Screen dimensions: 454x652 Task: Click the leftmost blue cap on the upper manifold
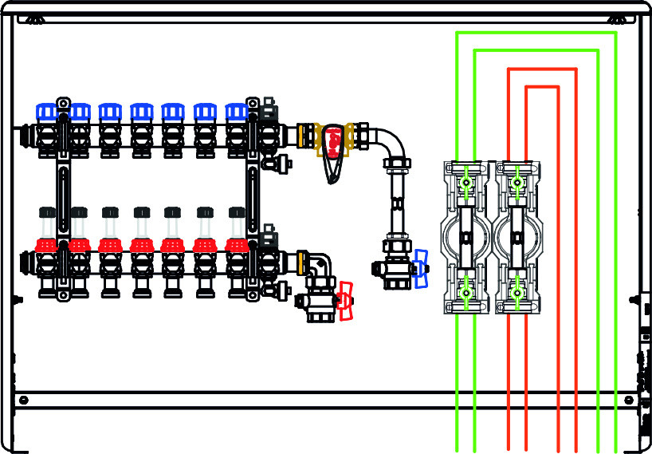[x=47, y=111]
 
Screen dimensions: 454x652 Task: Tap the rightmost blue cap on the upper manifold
[x=237, y=111]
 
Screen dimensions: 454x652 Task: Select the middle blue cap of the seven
[x=142, y=111]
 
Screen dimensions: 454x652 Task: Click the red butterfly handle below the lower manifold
[x=345, y=301]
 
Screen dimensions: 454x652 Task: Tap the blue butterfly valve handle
[x=420, y=268]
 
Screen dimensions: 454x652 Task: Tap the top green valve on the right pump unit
[x=517, y=184]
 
